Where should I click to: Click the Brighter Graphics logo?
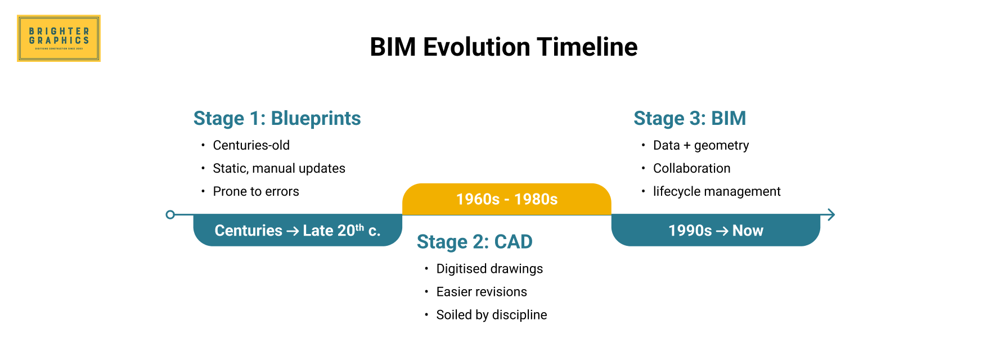click(59, 38)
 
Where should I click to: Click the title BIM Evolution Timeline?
click(504, 47)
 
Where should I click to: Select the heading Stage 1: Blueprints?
click(277, 119)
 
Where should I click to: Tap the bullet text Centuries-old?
click(251, 145)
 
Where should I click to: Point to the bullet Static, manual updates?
click(278, 168)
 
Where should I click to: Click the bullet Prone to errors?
click(255, 191)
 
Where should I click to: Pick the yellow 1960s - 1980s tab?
click(506, 199)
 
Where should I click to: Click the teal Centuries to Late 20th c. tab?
click(297, 231)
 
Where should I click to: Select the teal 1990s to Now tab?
click(715, 231)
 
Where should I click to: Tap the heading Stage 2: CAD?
click(474, 242)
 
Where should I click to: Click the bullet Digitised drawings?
click(489, 269)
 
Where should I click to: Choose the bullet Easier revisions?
click(481, 292)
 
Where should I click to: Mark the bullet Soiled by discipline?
click(491, 315)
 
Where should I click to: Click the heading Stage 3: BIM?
click(689, 119)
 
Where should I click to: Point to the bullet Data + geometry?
click(700, 145)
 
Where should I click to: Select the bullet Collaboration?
click(691, 168)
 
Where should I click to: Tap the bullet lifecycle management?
click(716, 191)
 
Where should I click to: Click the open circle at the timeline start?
click(170, 214)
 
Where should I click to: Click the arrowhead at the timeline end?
click(831, 214)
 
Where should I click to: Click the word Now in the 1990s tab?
click(748, 231)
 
